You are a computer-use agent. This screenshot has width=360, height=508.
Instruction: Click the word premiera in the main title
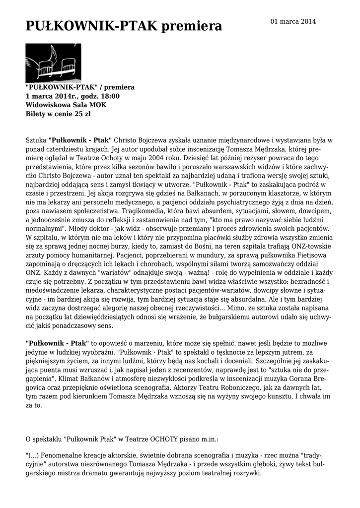[x=192, y=26]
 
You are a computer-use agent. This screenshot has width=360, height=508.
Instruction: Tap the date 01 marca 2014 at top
[x=293, y=21]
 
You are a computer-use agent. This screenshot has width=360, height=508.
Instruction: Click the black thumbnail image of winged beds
[x=53, y=63]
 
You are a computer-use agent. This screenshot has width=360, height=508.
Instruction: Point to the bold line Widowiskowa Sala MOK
[x=66, y=105]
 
